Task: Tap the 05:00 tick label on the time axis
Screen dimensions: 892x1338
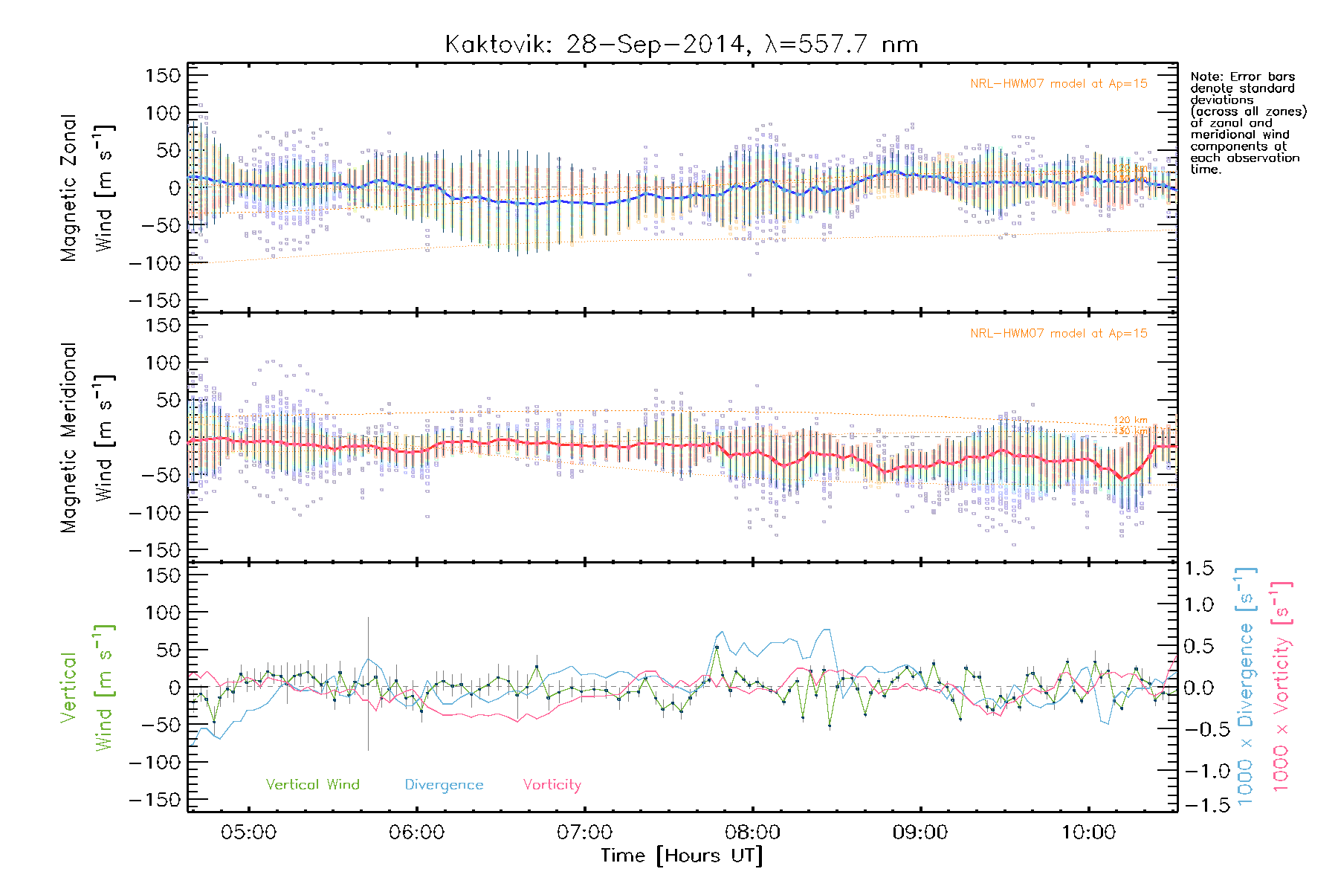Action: [x=248, y=833]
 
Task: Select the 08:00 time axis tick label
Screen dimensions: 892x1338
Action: [x=752, y=833]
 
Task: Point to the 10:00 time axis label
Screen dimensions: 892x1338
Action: [x=1088, y=833]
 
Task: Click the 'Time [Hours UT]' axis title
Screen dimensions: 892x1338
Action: [x=682, y=856]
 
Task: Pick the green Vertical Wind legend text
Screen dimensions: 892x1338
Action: [x=312, y=785]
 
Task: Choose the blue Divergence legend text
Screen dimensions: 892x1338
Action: [x=444, y=785]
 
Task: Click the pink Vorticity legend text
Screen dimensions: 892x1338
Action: [x=552, y=785]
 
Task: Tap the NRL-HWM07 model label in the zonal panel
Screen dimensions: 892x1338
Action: [x=1059, y=84]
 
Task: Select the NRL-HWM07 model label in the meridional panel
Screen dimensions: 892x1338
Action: [x=1059, y=334]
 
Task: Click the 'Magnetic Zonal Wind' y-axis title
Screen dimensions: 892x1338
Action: [x=88, y=188]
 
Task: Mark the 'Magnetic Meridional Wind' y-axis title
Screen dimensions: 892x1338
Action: [x=88, y=438]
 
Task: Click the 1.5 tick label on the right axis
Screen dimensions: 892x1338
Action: [x=1199, y=569]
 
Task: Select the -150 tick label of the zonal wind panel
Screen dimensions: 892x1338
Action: [x=155, y=300]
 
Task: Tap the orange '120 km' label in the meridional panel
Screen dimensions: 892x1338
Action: [x=1130, y=420]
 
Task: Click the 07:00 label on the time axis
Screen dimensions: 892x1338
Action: [x=584, y=833]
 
